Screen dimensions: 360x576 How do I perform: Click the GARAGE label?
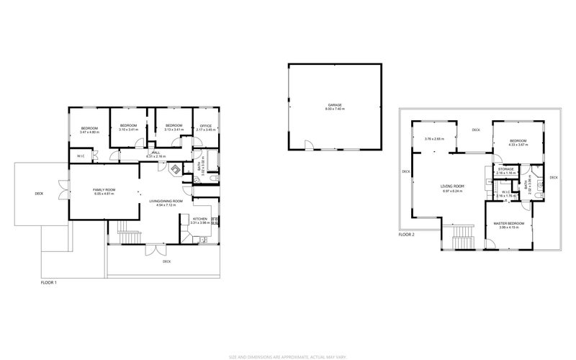335,104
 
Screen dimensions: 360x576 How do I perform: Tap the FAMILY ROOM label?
104,189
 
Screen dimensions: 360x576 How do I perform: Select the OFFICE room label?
206,126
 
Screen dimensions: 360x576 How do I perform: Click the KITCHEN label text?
199,218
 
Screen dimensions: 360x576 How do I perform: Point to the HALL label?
156,152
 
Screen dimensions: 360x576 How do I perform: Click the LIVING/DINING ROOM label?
164,201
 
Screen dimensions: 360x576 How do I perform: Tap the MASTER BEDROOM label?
508,224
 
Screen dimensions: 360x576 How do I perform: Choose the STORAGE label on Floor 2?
505,170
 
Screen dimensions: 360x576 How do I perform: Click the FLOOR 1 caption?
48,282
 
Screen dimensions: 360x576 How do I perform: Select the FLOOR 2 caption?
408,235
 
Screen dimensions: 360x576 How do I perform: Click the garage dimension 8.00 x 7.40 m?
335,109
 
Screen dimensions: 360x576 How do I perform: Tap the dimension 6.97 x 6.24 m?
452,190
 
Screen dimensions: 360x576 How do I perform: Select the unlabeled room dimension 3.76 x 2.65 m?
434,138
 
